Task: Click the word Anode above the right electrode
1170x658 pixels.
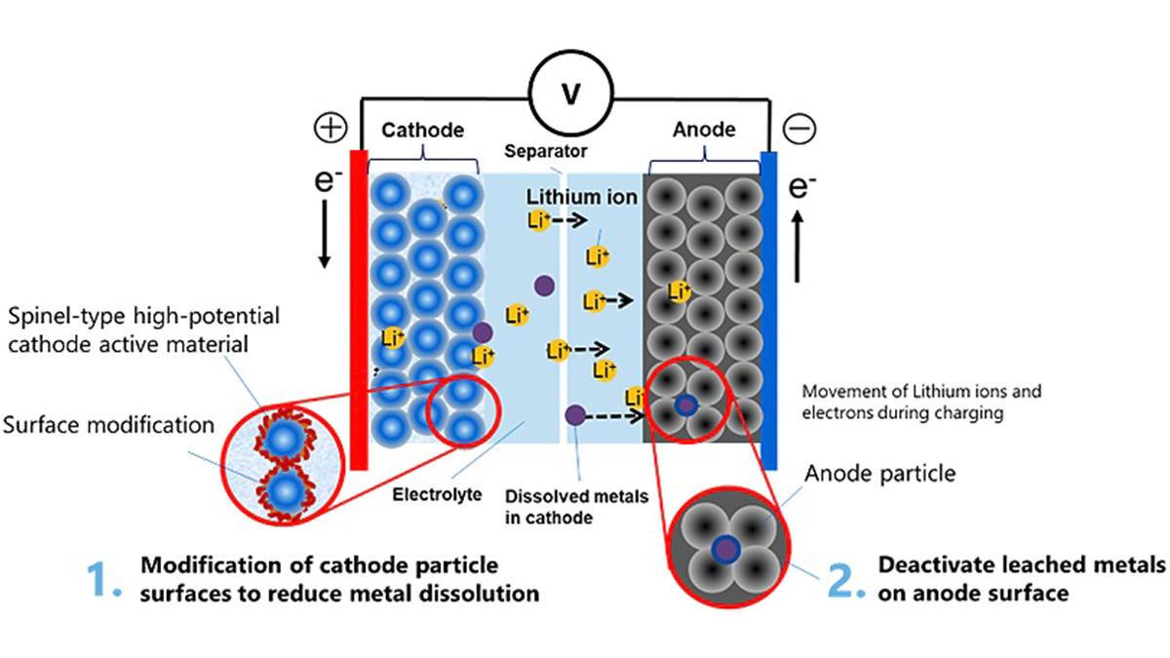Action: click(x=704, y=130)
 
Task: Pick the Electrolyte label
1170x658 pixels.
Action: click(x=437, y=495)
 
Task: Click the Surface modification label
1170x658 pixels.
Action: click(x=108, y=426)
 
